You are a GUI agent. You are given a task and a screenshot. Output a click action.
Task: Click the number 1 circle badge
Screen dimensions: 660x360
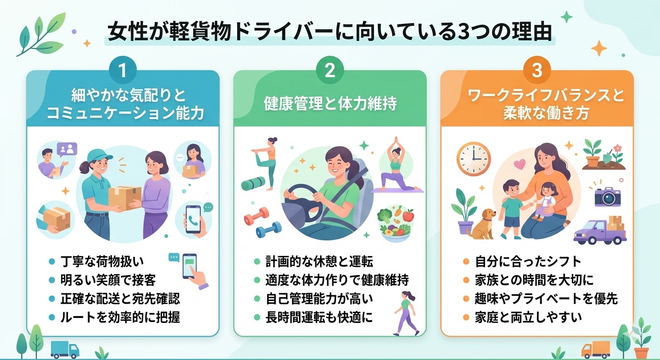[122, 71]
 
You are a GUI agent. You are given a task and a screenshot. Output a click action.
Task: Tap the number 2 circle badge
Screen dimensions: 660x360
[330, 71]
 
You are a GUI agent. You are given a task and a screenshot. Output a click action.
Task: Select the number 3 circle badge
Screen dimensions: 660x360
[537, 71]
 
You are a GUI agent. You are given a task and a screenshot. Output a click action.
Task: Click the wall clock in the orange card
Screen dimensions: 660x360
[473, 159]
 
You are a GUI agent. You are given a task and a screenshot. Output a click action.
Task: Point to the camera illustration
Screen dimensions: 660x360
[607, 196]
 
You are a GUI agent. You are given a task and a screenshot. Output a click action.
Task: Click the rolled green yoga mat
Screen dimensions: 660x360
[253, 184]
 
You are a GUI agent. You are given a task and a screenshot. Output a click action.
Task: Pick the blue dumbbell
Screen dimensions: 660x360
[269, 230]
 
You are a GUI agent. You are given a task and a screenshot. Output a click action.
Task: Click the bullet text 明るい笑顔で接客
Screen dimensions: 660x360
[108, 280]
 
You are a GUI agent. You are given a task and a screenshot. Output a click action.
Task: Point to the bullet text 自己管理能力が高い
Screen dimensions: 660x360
[319, 299]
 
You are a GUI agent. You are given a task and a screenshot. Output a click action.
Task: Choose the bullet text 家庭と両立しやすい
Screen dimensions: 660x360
[528, 317]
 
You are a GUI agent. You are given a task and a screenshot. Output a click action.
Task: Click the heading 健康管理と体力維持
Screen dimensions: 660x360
[330, 104]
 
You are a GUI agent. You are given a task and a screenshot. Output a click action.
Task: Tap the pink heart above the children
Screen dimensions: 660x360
[520, 164]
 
